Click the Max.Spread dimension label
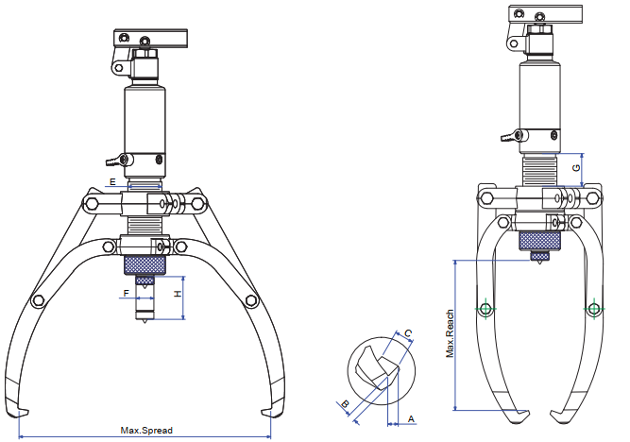pos(146,431)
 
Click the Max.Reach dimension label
pos(451,333)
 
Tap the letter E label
pos(112,180)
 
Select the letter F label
pos(126,294)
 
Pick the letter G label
pos(576,168)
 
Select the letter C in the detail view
pos(407,333)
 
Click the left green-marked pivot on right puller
pos(485,308)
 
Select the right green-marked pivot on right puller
pos(594,308)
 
